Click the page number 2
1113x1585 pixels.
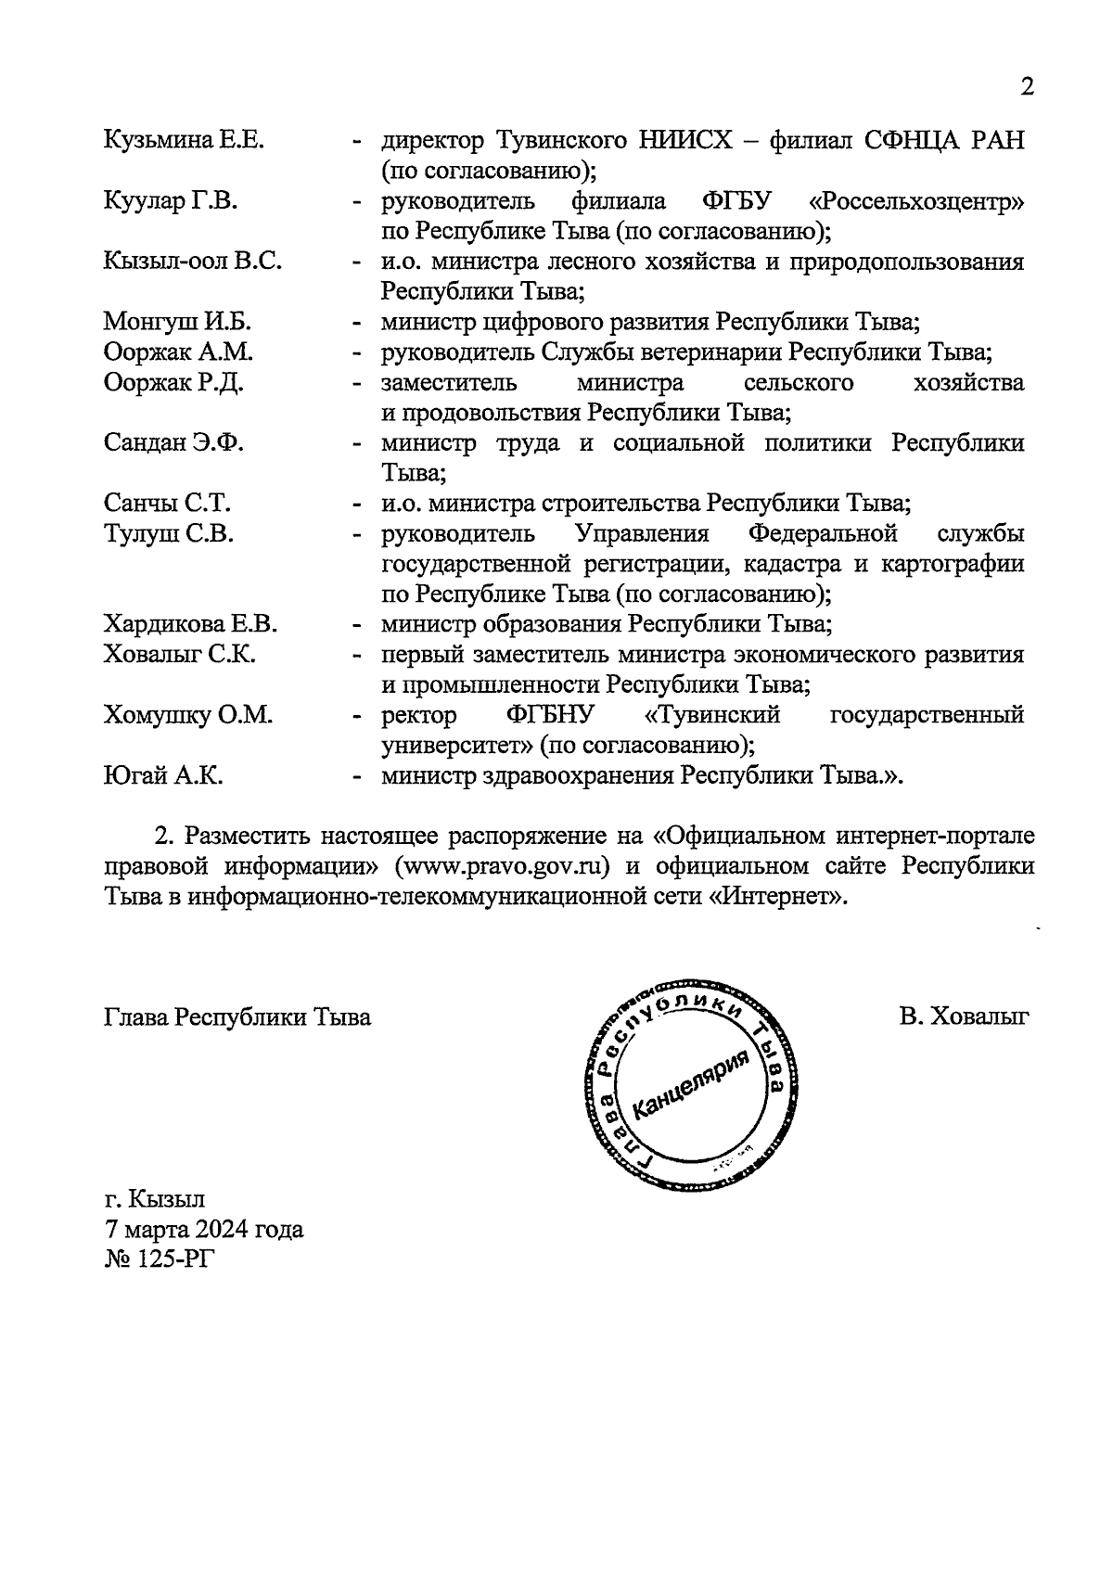click(1027, 87)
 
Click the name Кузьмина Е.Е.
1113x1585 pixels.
click(184, 141)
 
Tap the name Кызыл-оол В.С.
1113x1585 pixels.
click(192, 262)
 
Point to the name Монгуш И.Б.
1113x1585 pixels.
click(177, 322)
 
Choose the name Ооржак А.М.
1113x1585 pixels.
click(178, 352)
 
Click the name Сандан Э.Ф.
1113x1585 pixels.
click(173, 442)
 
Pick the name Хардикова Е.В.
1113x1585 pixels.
click(190, 624)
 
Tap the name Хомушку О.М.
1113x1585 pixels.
click(187, 715)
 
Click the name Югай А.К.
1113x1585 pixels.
click(162, 775)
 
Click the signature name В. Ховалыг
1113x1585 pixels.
click(963, 1017)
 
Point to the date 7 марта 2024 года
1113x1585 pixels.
click(203, 1230)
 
